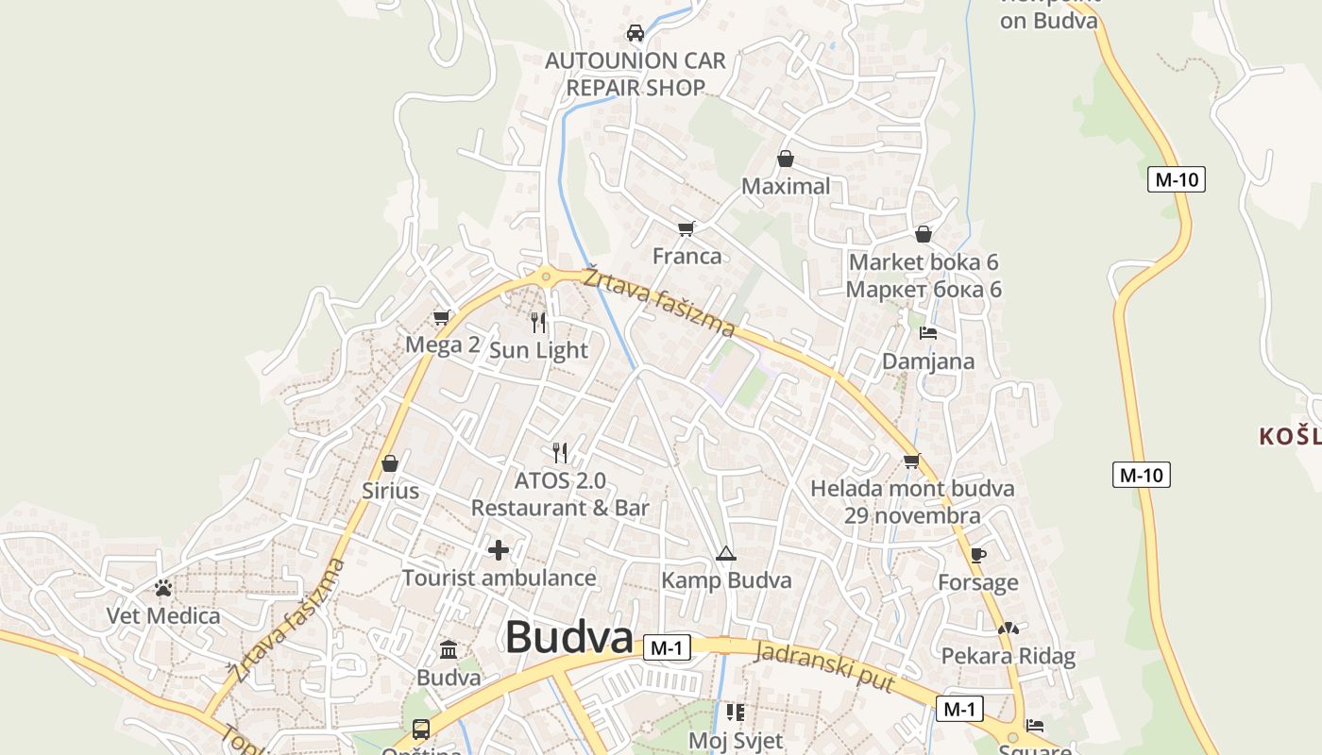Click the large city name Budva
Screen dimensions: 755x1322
coord(568,637)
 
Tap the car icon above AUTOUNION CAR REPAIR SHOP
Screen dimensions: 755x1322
coord(636,33)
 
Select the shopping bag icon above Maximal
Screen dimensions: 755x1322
coord(786,159)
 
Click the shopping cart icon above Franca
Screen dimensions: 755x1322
coord(686,228)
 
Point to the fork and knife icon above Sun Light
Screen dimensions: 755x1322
coord(538,323)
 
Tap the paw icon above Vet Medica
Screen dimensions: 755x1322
coord(163,588)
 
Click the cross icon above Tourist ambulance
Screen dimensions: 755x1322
coord(499,550)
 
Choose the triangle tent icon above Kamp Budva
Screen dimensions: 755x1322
coord(725,553)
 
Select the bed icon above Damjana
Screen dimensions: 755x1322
coord(928,333)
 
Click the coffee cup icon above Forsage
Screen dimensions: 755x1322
coord(977,555)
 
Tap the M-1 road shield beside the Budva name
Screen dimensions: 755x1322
coord(667,648)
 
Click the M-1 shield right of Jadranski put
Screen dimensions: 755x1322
coord(959,709)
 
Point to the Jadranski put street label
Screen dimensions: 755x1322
coord(825,666)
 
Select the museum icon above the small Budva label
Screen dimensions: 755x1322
coord(449,650)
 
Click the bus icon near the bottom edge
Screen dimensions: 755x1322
coord(421,730)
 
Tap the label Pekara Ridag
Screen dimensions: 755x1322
coord(1008,657)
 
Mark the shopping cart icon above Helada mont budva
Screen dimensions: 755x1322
coord(911,461)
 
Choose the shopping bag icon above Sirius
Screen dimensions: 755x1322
coord(390,463)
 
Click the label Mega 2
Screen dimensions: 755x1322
coord(442,344)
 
